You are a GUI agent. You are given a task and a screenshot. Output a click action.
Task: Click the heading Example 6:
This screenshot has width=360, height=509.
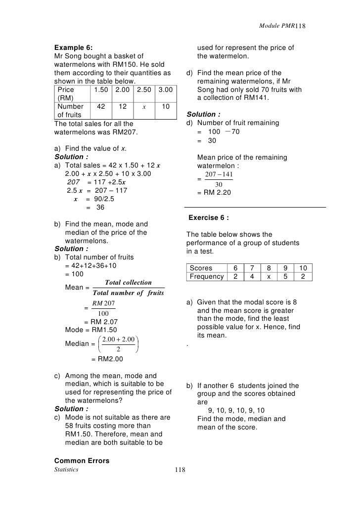click(73, 47)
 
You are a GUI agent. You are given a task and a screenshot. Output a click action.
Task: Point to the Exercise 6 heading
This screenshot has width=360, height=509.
click(209, 217)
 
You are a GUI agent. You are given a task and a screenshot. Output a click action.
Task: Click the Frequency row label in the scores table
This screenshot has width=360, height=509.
click(207, 277)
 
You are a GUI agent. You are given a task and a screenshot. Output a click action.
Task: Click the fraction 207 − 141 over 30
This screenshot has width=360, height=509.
click(218, 180)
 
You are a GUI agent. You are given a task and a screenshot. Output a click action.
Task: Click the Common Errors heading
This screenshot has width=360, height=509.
click(81, 461)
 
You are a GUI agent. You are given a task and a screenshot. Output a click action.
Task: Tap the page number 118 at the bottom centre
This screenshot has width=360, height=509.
click(180, 470)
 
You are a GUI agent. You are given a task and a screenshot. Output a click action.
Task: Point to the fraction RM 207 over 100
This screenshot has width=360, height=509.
click(103, 308)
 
